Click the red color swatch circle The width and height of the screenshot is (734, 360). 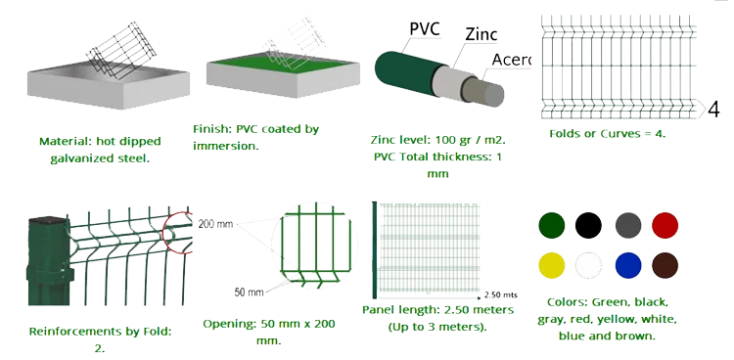665,225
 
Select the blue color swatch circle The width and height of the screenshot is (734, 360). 627,265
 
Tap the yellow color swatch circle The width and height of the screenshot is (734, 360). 551,265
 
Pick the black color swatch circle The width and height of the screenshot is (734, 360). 588,225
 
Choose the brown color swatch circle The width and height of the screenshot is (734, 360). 665,265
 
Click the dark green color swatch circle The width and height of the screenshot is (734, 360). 551,225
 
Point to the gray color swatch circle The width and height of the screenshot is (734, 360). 628,225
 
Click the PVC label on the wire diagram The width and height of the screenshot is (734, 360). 425,28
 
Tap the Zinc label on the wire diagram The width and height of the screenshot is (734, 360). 481,34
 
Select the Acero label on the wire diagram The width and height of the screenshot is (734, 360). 511,60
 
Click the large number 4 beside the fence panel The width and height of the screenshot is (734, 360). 713,110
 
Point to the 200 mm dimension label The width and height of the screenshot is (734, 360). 215,224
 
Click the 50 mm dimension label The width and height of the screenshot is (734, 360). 249,292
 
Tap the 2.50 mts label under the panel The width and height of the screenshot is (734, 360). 501,294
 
